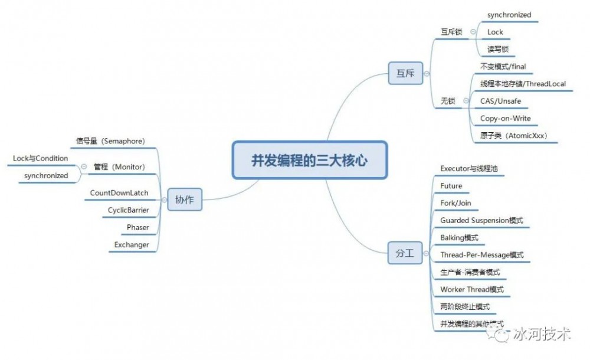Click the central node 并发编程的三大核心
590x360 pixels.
tap(309, 160)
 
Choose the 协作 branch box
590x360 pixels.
tap(184, 201)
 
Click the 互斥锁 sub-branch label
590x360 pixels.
tap(451, 32)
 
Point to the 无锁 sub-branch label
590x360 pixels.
tap(448, 102)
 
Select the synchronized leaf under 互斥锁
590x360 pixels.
tap(509, 15)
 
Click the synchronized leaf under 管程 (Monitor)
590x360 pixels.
tap(46, 176)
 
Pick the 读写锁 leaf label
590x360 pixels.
tap(497, 49)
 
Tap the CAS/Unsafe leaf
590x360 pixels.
tap(500, 101)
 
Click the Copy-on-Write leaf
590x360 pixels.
tap(505, 118)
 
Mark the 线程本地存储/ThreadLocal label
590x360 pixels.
tap(523, 84)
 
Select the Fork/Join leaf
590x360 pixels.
tap(455, 203)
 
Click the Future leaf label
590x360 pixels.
tap(451, 186)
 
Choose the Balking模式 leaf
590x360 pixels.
tap(459, 238)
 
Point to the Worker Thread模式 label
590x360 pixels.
tap(471, 290)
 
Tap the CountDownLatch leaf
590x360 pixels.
tap(119, 193)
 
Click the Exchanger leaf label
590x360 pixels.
tap(132, 245)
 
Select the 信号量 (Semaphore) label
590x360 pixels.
tap(110, 141)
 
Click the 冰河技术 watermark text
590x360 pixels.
tap(541, 335)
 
